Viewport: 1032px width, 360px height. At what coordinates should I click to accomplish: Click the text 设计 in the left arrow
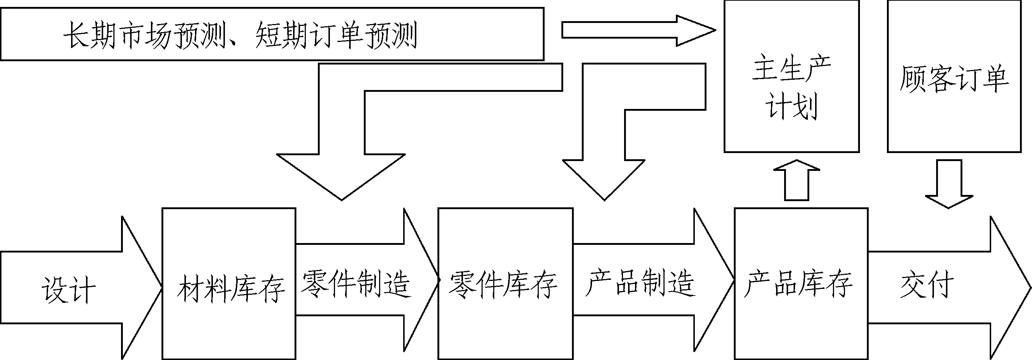coord(68,289)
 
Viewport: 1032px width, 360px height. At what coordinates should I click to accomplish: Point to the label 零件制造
coord(355,283)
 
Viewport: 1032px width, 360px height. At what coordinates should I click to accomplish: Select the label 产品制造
coord(640,283)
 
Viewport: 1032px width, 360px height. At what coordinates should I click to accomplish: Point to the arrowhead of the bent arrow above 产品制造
coord(604,178)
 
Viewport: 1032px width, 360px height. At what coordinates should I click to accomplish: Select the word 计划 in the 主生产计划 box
coord(792,106)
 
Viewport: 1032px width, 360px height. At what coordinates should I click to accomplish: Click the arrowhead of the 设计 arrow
coord(140,287)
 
